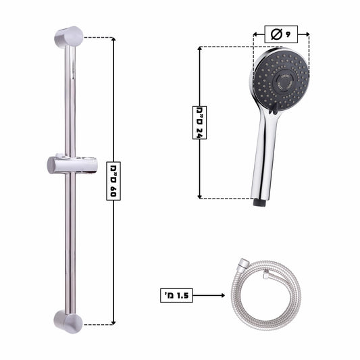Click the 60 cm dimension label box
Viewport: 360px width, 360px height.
pos(113,181)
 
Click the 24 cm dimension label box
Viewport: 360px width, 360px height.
pos(199,123)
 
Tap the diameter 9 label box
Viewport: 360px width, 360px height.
pos(281,34)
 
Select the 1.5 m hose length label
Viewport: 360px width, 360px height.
pos(176,295)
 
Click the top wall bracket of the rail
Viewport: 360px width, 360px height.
pos(68,37)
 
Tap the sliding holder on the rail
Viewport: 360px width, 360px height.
pos(71,164)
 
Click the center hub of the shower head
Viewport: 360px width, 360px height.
pos(284,82)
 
